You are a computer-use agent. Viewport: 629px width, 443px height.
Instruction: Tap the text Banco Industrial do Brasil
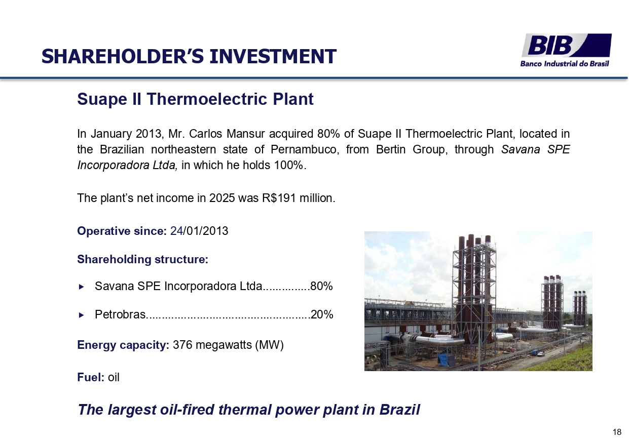tap(565, 64)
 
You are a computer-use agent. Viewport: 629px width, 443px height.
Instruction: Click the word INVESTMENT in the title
tap(273, 56)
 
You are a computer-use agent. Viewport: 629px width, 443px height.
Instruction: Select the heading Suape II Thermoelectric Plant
tap(195, 99)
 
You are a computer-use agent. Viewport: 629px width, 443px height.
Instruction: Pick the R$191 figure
tap(279, 198)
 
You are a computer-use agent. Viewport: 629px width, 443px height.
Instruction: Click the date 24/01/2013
tap(199, 231)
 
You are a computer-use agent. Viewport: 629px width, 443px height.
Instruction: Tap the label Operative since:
tap(122, 231)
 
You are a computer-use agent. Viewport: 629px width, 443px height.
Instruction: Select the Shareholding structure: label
tap(142, 260)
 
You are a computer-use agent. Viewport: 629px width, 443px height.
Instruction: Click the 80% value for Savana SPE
tap(321, 286)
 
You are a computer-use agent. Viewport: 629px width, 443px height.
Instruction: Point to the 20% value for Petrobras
tap(322, 314)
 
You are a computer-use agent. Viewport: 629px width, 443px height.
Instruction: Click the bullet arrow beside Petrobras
tap(82, 315)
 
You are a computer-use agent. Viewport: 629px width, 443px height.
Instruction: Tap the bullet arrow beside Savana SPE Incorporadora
tap(82, 287)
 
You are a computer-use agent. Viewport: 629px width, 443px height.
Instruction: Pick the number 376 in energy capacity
tap(182, 345)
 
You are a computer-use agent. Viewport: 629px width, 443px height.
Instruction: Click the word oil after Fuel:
tap(114, 377)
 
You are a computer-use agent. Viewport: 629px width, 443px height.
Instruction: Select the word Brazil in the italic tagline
tap(399, 410)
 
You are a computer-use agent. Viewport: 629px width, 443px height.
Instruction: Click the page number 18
tap(617, 432)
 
